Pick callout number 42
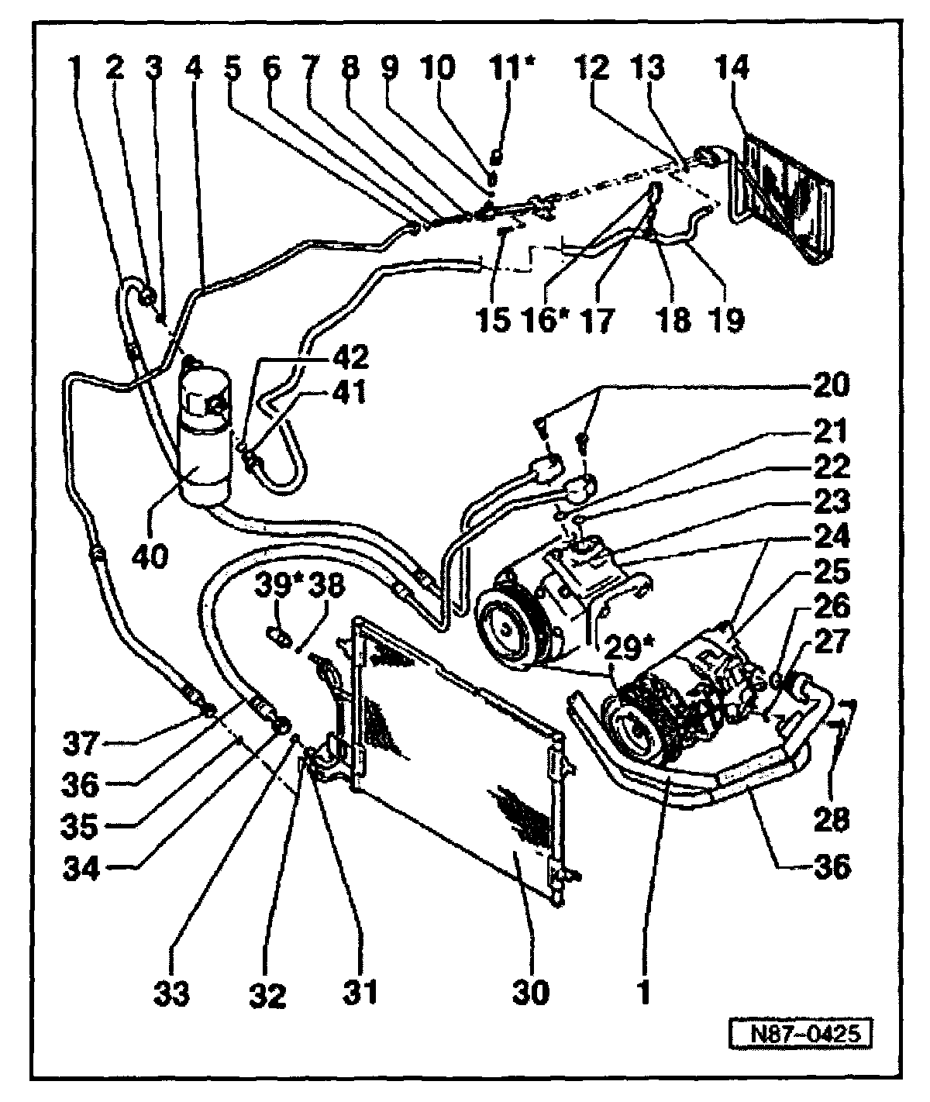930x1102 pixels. (x=350, y=357)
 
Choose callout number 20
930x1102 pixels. (x=830, y=384)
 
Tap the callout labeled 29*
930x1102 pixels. (x=629, y=647)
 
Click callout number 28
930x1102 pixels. (x=831, y=818)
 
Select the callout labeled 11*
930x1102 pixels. (x=511, y=68)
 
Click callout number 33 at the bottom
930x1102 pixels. (x=171, y=994)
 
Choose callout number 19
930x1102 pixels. (x=726, y=319)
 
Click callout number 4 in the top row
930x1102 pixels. (x=194, y=68)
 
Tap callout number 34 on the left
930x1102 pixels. (x=81, y=868)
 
